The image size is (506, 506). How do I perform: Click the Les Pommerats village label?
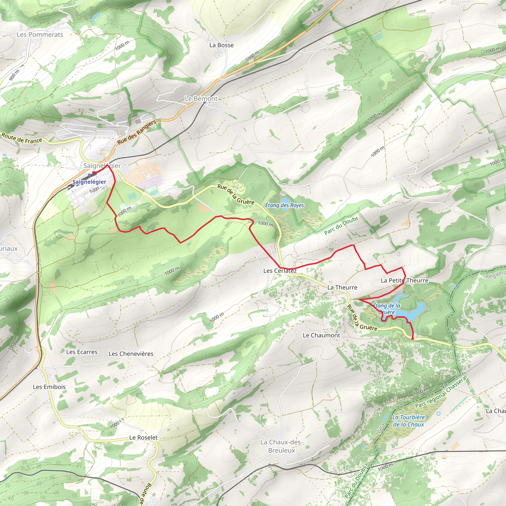[40, 35]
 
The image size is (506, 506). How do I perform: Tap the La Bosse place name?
[221, 45]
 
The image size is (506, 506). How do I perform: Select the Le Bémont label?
[201, 99]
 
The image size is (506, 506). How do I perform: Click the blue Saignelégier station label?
[89, 182]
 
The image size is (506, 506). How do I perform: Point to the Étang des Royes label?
[284, 205]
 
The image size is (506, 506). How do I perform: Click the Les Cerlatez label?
[280, 271]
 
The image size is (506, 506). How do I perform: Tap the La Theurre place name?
[342, 287]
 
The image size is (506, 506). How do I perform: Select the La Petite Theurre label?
[404, 280]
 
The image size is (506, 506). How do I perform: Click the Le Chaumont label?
[321, 335]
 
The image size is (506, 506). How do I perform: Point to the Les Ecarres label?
[82, 352]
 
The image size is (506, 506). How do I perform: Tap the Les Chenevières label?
[131, 354]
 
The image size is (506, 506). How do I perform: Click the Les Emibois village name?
[49, 387]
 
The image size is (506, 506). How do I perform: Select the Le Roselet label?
[144, 437]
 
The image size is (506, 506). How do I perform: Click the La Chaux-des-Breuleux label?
[282, 446]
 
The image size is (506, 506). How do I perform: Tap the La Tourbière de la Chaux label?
[408, 421]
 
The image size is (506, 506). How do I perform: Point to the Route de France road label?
[22, 138]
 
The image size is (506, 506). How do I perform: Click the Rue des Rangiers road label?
[136, 132]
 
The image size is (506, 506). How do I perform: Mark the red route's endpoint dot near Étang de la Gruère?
[413, 339]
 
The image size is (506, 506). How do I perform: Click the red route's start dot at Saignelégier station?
[93, 172]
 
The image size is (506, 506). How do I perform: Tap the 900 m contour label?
[14, 75]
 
